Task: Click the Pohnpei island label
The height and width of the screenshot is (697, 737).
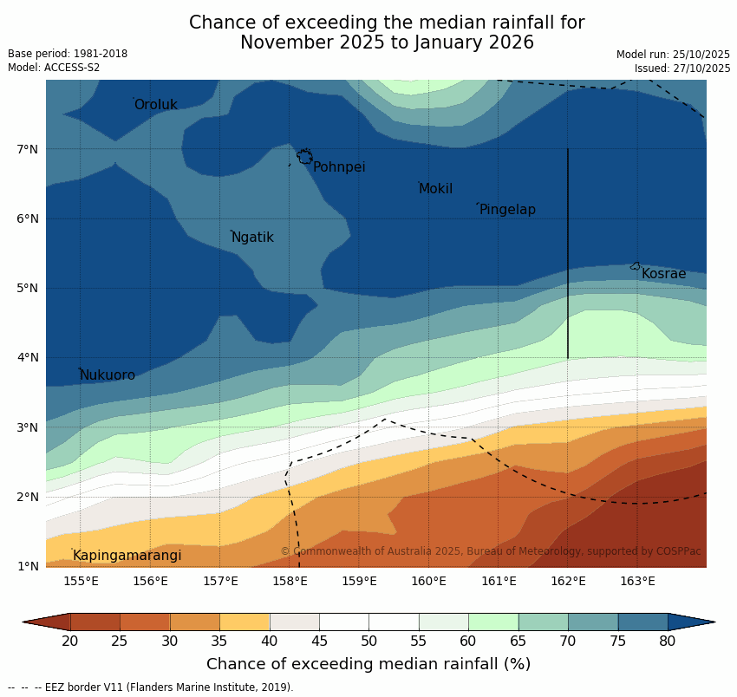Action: pyautogui.click(x=339, y=167)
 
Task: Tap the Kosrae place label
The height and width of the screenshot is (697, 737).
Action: pyautogui.click(x=663, y=274)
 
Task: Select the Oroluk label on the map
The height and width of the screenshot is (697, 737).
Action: pyautogui.click(x=156, y=105)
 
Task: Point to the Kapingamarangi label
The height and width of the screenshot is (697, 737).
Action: pyautogui.click(x=127, y=556)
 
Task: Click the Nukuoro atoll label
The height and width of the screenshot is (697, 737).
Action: pyautogui.click(x=108, y=375)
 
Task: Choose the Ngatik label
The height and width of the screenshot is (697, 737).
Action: pyautogui.click(x=252, y=238)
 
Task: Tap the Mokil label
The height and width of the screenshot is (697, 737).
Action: pyautogui.click(x=435, y=189)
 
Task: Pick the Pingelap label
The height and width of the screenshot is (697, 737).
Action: pyautogui.click(x=507, y=210)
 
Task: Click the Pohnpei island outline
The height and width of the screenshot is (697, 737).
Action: pyautogui.click(x=304, y=157)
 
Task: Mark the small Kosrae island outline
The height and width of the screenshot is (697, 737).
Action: pyautogui.click(x=636, y=266)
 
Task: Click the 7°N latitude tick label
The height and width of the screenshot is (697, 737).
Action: pyautogui.click(x=28, y=150)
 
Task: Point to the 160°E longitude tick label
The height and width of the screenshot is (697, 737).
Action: pyautogui.click(x=429, y=581)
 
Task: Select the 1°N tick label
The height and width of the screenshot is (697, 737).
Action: pyautogui.click(x=28, y=567)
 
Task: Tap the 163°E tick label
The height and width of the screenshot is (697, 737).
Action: pyautogui.click(x=638, y=581)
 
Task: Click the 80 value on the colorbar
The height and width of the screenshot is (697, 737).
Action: pyautogui.click(x=668, y=642)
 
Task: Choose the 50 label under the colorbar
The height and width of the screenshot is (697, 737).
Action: pyautogui.click(x=369, y=642)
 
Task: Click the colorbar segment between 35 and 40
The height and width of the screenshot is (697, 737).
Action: pyautogui.click(x=245, y=622)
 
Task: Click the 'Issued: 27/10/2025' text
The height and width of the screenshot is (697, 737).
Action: pyautogui.click(x=682, y=68)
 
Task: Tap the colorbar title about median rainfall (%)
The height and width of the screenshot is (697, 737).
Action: pyautogui.click(x=368, y=664)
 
